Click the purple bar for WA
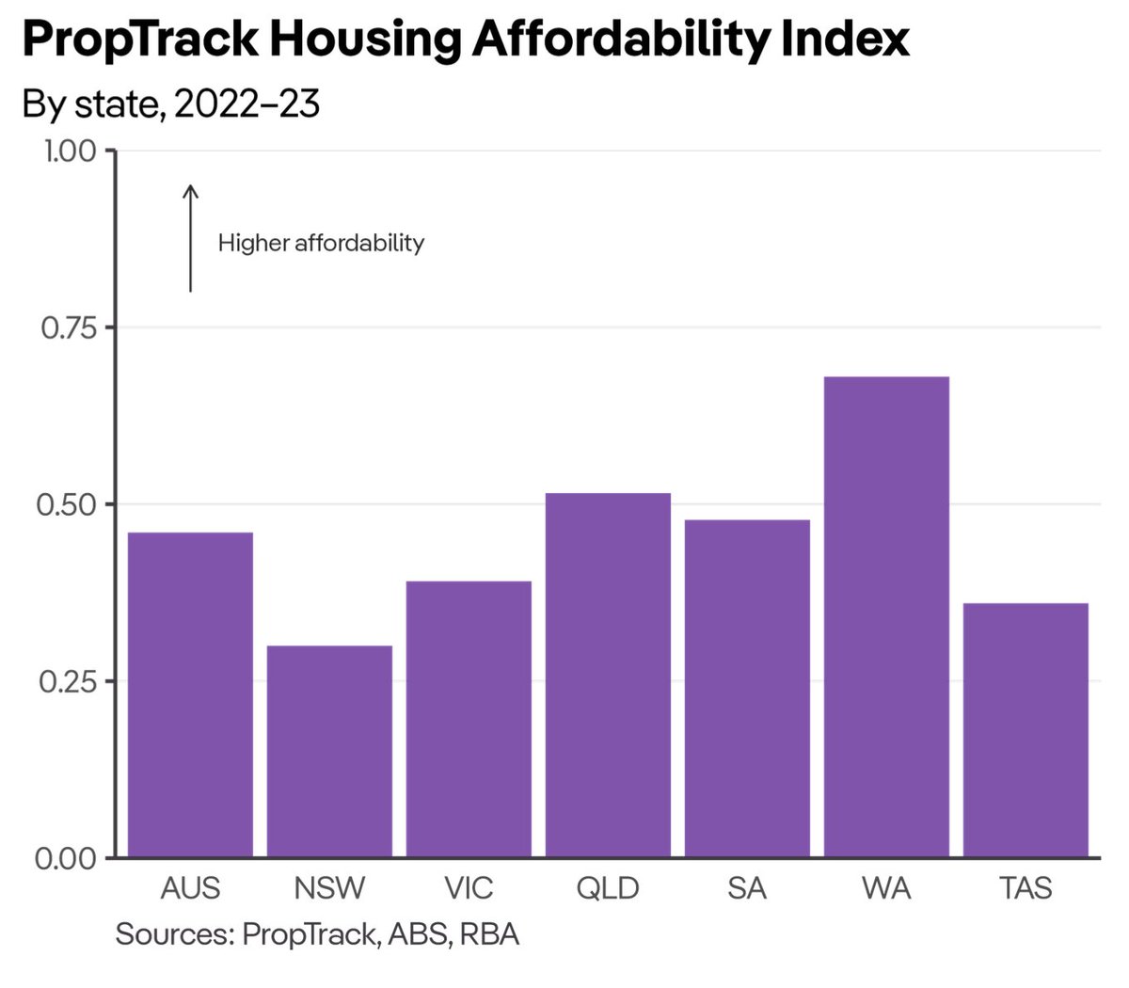[886, 616]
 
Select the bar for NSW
[329, 751]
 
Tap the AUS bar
[190, 694]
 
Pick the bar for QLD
[608, 675]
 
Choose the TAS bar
[1026, 729]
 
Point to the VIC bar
[469, 719]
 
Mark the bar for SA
[747, 688]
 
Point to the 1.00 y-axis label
[70, 151]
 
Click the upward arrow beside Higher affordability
[190, 238]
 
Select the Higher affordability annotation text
[321, 243]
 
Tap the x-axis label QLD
[608, 888]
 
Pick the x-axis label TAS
[1026, 888]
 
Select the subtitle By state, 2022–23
[171, 104]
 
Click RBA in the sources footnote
[489, 934]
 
